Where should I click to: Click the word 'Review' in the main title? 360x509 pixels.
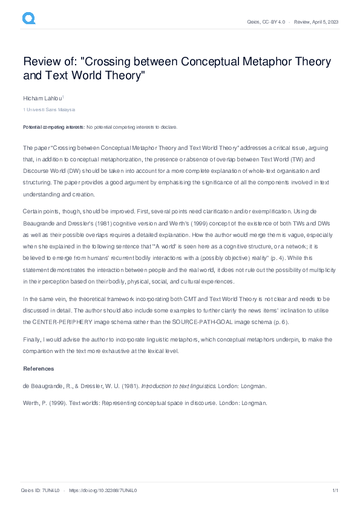pyautogui.click(x=42, y=62)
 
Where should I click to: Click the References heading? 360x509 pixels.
pyautogui.click(x=38, y=369)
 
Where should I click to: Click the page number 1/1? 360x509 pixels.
pyautogui.click(x=335, y=490)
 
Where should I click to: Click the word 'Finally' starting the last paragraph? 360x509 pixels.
pyautogui.click(x=32, y=340)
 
